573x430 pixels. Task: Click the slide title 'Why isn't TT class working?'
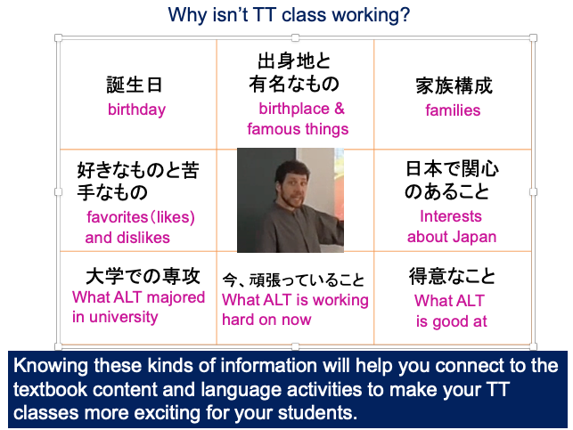(289, 15)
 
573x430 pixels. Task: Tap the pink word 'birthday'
(136, 110)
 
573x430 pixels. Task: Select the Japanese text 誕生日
(134, 85)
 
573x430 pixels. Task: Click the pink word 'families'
(453, 110)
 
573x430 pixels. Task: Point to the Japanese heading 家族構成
(454, 85)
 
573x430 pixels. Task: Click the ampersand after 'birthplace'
(340, 109)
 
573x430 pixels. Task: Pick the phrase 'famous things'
(298, 129)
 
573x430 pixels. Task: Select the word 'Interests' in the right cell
(451, 216)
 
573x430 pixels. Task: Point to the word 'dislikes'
(143, 238)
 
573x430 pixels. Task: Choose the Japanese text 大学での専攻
(143, 276)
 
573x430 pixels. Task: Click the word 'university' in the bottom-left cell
(124, 317)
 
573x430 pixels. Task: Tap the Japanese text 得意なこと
(452, 276)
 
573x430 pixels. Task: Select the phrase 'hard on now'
(266, 320)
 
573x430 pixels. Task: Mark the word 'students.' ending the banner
(317, 413)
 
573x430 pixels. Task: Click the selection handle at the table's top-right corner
(533, 37)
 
